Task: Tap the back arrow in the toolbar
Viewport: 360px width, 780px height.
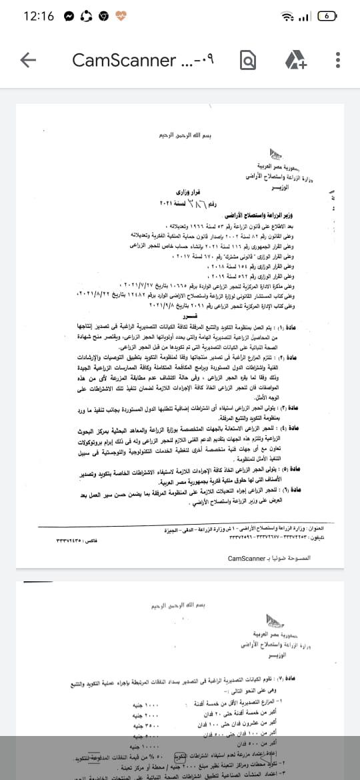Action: (28, 60)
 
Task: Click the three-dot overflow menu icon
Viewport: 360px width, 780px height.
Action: (338, 60)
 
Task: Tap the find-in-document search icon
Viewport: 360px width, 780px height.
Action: (247, 61)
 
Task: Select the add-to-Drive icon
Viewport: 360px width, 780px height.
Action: (295, 61)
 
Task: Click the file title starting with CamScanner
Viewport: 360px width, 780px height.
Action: (143, 60)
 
